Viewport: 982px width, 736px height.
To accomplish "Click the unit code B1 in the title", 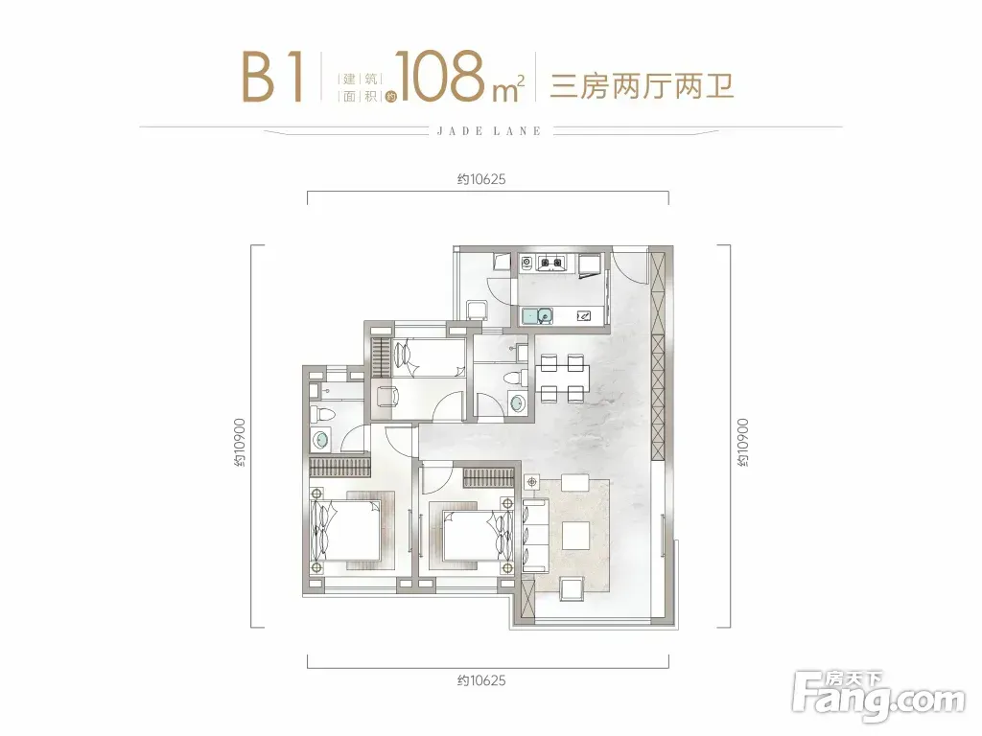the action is click(x=272, y=77).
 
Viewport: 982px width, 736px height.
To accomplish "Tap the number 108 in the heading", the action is click(x=440, y=77).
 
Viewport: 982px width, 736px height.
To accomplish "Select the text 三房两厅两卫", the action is click(x=642, y=85).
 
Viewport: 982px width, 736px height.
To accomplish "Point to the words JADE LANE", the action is click(x=489, y=130).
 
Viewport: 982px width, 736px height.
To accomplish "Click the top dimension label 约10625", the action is click(x=481, y=179).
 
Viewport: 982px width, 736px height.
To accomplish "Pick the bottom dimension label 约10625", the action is click(x=481, y=680).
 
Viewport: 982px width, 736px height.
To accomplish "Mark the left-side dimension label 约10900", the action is click(x=240, y=443).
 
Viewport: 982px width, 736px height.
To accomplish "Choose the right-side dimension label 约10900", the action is click(x=743, y=443).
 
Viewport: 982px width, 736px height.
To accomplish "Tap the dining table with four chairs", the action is click(x=562, y=378).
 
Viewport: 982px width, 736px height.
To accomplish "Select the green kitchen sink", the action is click(x=537, y=316).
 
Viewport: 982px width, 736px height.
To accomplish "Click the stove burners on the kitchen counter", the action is click(x=549, y=263).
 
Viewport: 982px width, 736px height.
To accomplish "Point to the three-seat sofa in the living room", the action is click(x=535, y=535).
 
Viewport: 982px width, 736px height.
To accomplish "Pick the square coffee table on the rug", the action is click(x=575, y=536).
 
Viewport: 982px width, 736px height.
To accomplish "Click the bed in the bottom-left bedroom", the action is click(x=346, y=530).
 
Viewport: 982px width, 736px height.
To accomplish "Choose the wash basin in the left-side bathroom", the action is click(x=320, y=441).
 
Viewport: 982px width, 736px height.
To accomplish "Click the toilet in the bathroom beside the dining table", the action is click(x=515, y=379).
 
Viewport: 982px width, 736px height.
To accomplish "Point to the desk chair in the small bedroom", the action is click(x=386, y=396).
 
